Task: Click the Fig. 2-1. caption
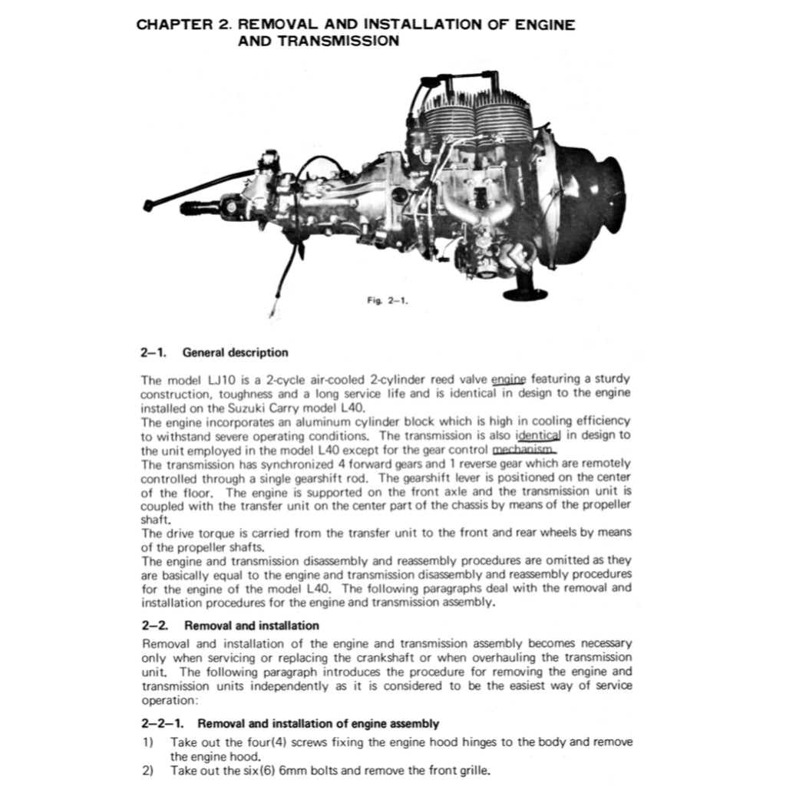pos(386,302)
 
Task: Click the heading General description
pos(235,353)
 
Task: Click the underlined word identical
pos(539,435)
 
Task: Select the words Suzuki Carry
pos(226,407)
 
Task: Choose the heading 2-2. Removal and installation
pos(230,626)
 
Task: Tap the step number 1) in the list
pos(147,742)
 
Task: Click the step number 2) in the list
pos(147,771)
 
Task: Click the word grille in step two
pos(471,771)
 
